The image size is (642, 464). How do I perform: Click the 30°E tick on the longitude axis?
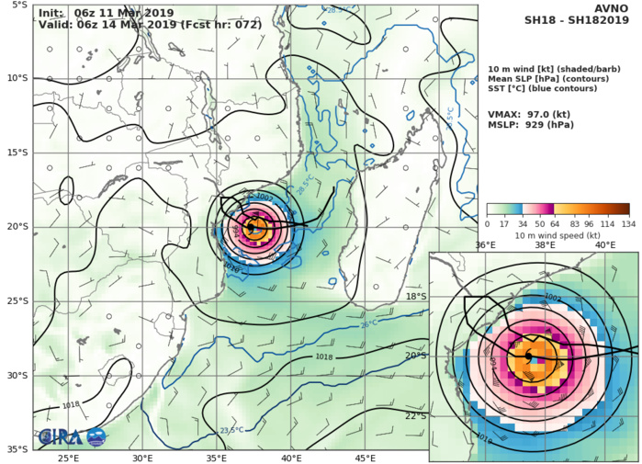click(142, 458)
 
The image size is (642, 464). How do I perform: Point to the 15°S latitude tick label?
click(17, 152)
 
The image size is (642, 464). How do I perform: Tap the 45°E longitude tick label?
click(366, 458)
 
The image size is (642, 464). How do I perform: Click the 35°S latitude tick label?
click(17, 449)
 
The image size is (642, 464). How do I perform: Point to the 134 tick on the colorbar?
click(630, 223)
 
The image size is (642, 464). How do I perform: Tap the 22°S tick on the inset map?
click(417, 415)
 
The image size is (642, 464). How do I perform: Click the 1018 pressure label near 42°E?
click(324, 357)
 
